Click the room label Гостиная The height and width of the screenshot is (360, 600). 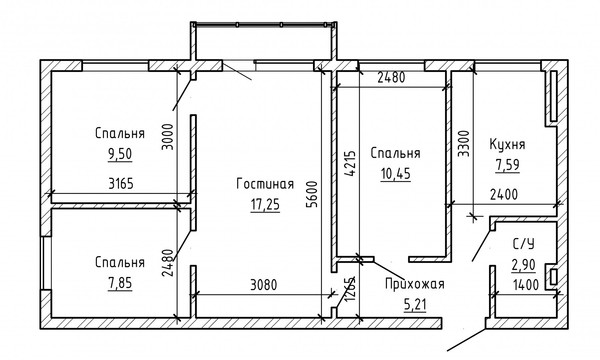coord(265,184)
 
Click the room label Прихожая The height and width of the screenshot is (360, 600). coord(414,285)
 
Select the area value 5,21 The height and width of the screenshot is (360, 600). coord(414,304)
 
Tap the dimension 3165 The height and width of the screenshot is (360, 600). coord(119,185)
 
